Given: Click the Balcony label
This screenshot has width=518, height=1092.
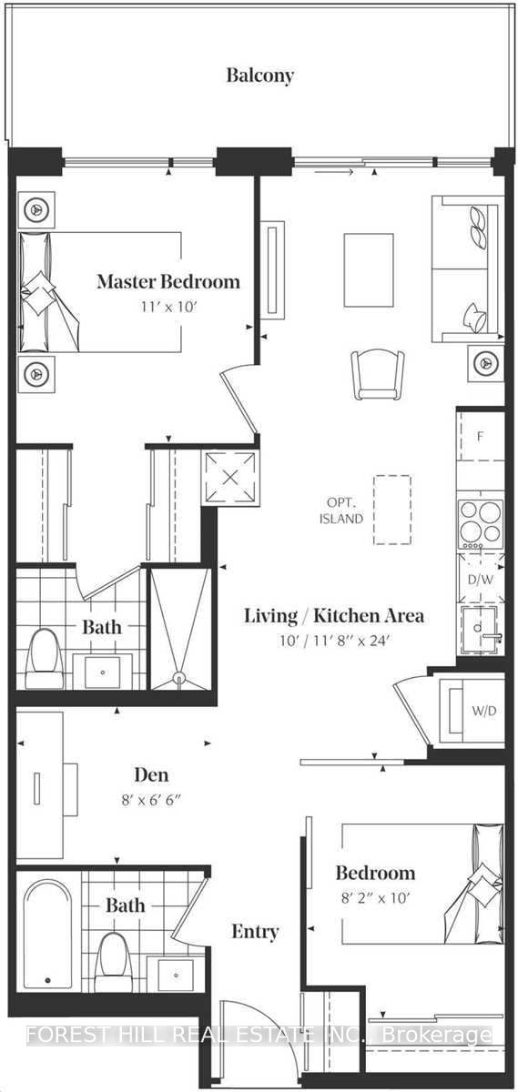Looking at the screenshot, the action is [x=260, y=76].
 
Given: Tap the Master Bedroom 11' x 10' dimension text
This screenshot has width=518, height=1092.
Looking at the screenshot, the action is [x=168, y=308].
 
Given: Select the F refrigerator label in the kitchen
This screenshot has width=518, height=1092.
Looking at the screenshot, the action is [x=481, y=437].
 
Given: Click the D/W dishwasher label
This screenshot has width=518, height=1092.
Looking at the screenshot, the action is [x=481, y=581].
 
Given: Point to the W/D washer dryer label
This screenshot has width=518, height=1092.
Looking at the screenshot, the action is [x=483, y=711].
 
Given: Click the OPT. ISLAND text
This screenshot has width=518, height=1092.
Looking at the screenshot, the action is [x=341, y=511].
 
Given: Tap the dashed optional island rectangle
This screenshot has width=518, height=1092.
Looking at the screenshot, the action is [x=392, y=510].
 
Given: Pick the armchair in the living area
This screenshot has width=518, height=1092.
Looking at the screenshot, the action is [x=378, y=375].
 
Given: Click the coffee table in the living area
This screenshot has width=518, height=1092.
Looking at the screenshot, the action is [x=369, y=270].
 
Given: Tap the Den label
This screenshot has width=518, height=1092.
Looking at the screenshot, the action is [x=152, y=774].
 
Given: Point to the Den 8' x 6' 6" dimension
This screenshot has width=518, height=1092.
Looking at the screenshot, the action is [x=152, y=800].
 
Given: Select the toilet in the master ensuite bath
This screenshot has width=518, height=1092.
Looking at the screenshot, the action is [x=44, y=659].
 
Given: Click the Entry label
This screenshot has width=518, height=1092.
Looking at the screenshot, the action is [x=255, y=932].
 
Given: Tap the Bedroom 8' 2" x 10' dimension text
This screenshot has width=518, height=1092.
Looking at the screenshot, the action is [x=375, y=897].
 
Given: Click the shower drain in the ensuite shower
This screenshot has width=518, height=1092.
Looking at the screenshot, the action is [x=180, y=677].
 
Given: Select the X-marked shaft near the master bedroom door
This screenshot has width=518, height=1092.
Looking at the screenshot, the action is [x=230, y=477].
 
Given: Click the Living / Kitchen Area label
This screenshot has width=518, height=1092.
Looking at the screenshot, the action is [x=334, y=616].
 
